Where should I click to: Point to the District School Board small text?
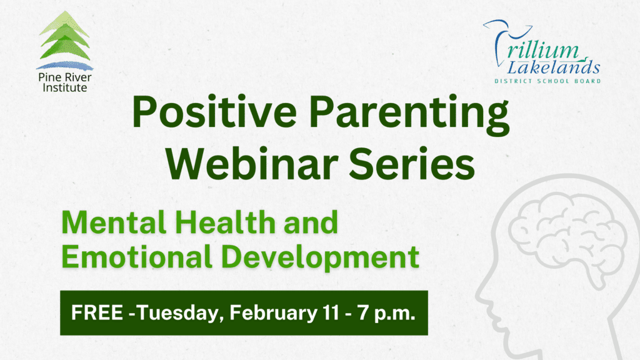click(547, 81)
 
